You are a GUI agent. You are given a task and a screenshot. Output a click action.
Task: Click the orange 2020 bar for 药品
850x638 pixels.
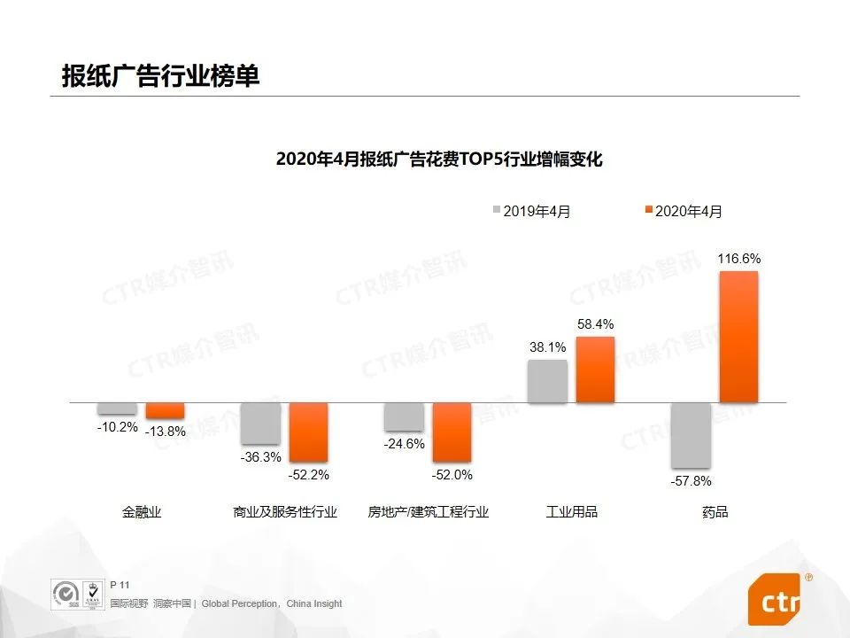[x=738, y=337]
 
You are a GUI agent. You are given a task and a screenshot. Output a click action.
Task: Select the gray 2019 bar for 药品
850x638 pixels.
[x=691, y=435]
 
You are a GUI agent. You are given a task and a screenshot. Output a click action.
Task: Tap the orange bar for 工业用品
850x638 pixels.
[x=595, y=370]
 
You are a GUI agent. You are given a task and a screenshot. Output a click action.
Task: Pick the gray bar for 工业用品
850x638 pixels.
[x=547, y=381]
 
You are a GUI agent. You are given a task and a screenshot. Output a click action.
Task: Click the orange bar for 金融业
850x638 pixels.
[x=165, y=410]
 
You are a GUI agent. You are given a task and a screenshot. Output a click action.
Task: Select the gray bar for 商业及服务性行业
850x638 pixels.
[x=260, y=424]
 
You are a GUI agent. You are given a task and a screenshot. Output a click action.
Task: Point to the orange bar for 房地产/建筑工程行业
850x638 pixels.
[x=452, y=432]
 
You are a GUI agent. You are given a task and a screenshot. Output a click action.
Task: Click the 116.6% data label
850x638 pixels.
[x=739, y=259]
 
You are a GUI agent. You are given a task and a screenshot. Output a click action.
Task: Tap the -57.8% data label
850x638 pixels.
[x=691, y=481]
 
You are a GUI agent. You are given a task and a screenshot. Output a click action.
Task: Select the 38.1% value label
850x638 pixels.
[x=547, y=347]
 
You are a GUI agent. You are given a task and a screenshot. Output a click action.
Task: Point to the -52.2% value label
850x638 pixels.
[x=308, y=475]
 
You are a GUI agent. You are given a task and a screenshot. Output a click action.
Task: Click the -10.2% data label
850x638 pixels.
[x=118, y=427]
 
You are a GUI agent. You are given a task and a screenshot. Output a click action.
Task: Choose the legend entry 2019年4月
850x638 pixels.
[x=530, y=211]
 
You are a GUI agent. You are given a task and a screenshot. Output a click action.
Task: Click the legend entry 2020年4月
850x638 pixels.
[x=682, y=211]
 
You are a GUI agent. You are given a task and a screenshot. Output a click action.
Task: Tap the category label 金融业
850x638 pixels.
[x=142, y=512]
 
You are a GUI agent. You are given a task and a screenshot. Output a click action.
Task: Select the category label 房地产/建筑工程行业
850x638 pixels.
[x=429, y=512]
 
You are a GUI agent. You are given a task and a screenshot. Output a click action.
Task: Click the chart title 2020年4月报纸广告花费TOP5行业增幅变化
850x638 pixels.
[x=439, y=159]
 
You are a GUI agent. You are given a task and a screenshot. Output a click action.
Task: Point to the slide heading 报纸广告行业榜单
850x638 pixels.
[x=160, y=75]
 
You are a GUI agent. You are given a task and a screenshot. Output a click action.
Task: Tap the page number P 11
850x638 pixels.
[x=120, y=585]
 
